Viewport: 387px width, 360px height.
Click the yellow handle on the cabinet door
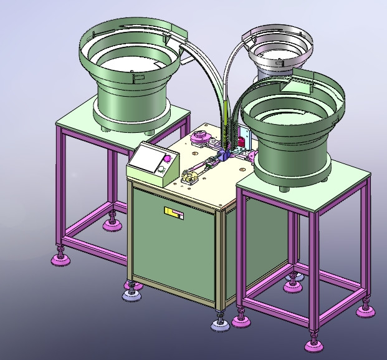point(174,213)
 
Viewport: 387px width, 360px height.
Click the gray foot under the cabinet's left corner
point(131,293)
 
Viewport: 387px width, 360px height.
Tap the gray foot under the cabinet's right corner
point(219,324)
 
